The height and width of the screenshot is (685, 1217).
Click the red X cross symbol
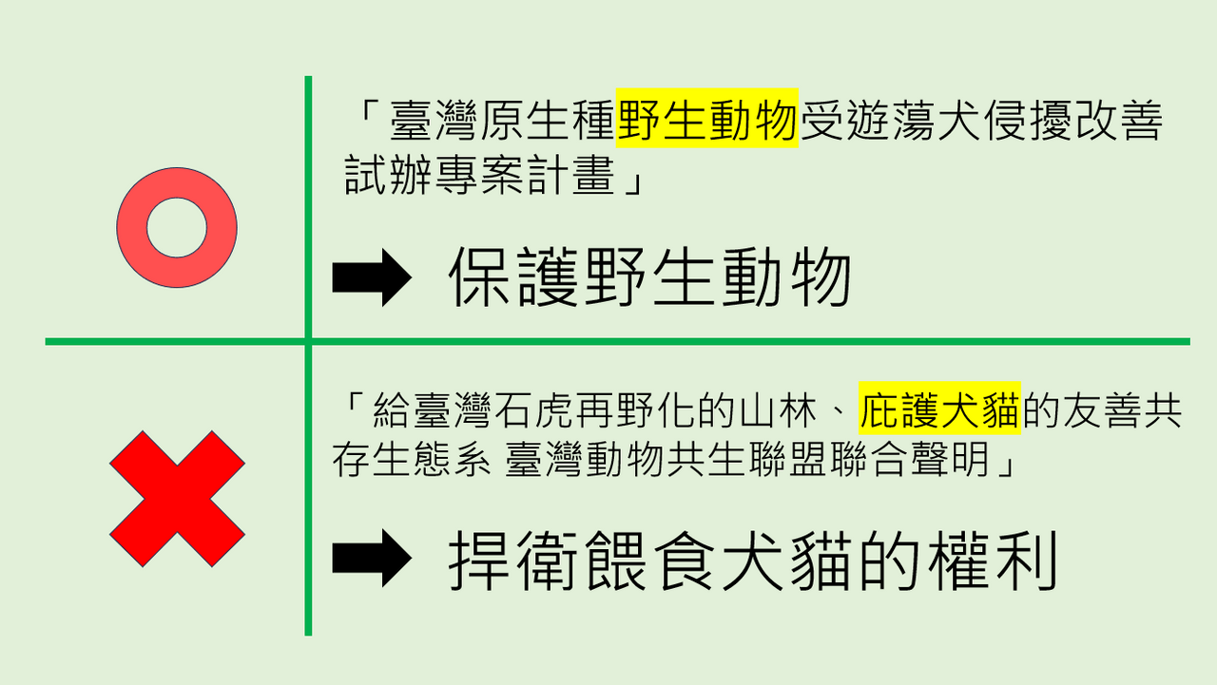pos(177,499)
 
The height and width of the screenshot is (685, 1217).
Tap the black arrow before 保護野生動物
pos(372,277)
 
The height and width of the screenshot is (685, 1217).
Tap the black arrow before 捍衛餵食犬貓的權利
pos(372,558)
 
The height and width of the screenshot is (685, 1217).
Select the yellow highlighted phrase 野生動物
pos(706,119)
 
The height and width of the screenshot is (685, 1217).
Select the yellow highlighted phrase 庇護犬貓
pos(939,409)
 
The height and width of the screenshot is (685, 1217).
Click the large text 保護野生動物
pos(649,276)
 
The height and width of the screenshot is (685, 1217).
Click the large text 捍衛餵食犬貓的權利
pos(753,561)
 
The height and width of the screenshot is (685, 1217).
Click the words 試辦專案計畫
pos(480,175)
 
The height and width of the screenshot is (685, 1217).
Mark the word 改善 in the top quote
pos(1117,120)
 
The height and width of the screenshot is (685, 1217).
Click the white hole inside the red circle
pos(177,228)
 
